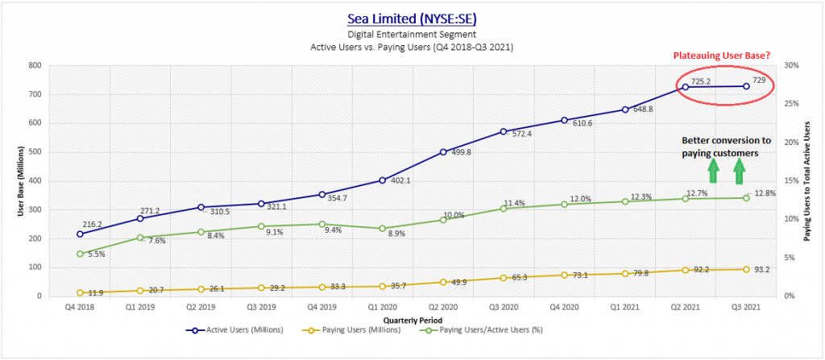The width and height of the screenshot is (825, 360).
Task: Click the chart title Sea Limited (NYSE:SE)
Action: [x=412, y=18]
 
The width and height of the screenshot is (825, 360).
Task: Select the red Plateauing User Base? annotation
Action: [x=715, y=55]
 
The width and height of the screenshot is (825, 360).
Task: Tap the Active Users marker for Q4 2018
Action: [x=81, y=234]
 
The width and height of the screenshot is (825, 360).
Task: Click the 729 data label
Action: [x=759, y=81]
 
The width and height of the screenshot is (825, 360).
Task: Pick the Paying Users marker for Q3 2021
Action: [x=746, y=269]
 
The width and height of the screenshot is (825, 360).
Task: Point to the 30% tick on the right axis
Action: [x=792, y=65]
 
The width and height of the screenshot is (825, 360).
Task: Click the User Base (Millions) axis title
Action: [x=12, y=181]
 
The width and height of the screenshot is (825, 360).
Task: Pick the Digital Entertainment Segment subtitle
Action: [x=412, y=35]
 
